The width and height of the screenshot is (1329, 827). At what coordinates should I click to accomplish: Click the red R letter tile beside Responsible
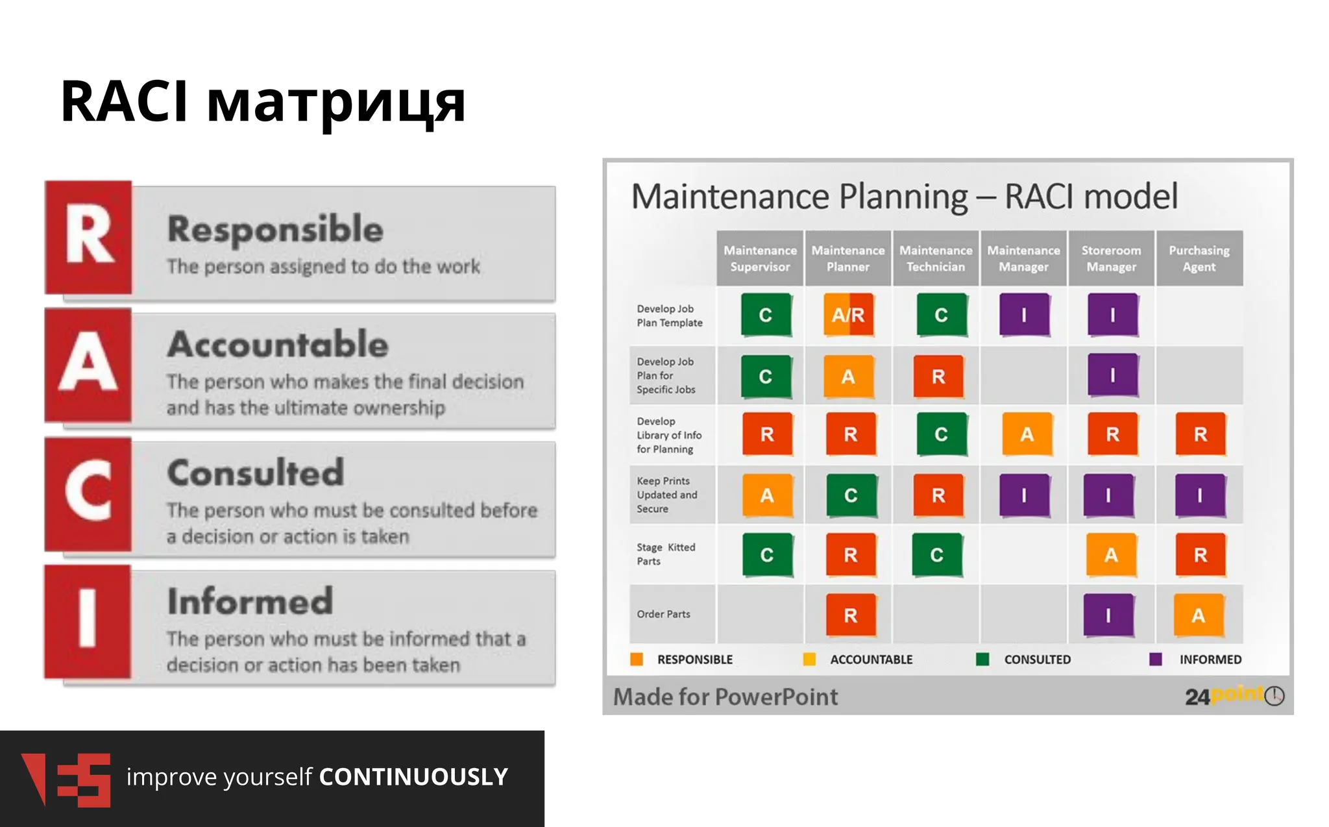88,237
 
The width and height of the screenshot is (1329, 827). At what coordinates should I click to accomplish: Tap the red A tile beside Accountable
88,365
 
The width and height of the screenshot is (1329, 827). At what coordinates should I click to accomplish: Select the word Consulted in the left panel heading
256,473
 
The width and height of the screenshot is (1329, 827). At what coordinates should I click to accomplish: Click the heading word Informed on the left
250,601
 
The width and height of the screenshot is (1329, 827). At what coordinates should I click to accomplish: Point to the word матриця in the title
336,102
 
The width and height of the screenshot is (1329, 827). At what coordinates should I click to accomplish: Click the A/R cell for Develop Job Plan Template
848,315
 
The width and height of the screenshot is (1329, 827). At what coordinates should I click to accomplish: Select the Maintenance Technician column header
935,258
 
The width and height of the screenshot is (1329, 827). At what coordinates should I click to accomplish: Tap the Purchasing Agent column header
1199,258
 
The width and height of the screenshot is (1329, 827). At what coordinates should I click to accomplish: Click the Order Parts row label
663,614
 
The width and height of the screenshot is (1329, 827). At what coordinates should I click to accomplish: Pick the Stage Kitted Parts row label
666,554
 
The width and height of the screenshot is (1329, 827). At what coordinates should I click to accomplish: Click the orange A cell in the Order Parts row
1199,615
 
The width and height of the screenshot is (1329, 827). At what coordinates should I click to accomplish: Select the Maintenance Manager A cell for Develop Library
1027,434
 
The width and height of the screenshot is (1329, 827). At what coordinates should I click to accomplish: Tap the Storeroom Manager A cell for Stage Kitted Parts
1111,555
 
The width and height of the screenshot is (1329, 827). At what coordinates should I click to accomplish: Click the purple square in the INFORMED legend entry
1155,660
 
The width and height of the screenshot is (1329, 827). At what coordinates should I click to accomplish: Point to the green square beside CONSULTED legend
982,660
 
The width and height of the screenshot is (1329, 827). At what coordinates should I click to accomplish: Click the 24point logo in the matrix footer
1233,696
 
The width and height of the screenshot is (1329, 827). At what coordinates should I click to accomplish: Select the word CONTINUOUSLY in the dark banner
413,777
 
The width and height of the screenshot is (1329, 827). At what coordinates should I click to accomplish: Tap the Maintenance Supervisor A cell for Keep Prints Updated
767,495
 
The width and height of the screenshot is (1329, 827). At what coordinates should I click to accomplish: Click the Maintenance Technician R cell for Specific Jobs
938,376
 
